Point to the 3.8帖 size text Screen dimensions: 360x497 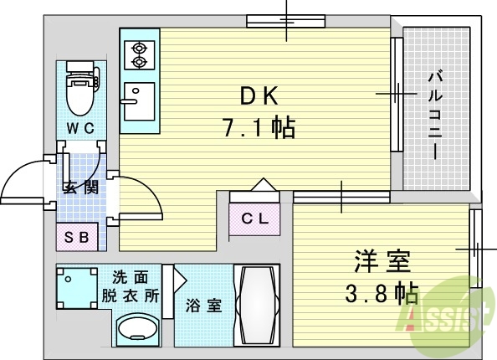click(382, 293)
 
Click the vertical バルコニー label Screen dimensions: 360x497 click(435, 116)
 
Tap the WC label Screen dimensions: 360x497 click(80, 128)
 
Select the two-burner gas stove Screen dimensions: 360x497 click(136, 54)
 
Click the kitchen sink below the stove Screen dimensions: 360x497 click(136, 104)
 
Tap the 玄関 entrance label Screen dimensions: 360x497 click(80, 186)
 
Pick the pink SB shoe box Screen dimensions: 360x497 click(77, 237)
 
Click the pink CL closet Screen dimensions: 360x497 click(254, 219)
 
